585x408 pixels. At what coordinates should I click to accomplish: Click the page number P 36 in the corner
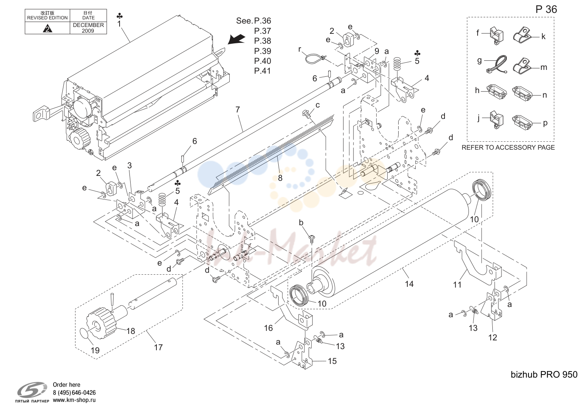[546, 9]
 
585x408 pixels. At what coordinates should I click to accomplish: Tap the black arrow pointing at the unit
[237, 40]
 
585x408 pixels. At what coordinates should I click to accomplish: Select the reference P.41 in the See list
[262, 71]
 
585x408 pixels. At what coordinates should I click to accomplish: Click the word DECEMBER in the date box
[88, 25]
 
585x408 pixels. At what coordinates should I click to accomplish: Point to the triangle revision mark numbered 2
[47, 28]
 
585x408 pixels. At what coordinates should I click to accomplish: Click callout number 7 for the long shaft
[237, 109]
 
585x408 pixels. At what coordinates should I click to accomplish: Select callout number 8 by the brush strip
[280, 178]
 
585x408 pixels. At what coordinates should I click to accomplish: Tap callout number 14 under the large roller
[409, 284]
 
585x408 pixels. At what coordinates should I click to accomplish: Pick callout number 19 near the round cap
[95, 351]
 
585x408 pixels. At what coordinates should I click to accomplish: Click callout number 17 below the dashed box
[158, 347]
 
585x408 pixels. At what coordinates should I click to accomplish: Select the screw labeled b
[312, 238]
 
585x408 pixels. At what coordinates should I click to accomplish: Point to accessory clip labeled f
[496, 36]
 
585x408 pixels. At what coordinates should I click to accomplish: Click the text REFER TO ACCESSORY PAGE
[508, 147]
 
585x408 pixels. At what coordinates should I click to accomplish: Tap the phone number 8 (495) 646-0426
[74, 392]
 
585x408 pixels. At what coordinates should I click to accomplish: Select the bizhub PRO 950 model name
[544, 375]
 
